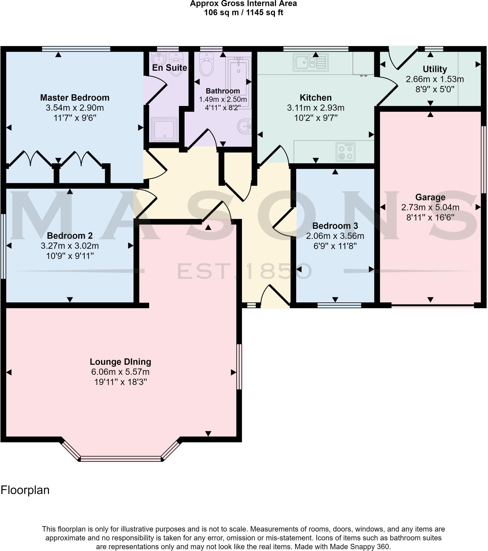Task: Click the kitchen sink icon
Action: [311, 62]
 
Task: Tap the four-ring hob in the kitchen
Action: [346, 152]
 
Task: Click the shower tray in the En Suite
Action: [164, 129]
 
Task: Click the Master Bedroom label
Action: [75, 98]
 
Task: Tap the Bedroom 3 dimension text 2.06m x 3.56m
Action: [335, 236]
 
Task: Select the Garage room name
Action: [430, 197]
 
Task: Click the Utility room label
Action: [435, 69]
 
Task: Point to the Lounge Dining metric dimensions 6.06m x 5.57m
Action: [120, 372]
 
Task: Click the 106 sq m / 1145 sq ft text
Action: [243, 13]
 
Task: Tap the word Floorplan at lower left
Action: [25, 490]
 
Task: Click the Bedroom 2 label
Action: [70, 236]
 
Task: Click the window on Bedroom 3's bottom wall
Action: [339, 305]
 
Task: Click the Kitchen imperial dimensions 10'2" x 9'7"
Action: [316, 118]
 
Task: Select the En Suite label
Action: [169, 68]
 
